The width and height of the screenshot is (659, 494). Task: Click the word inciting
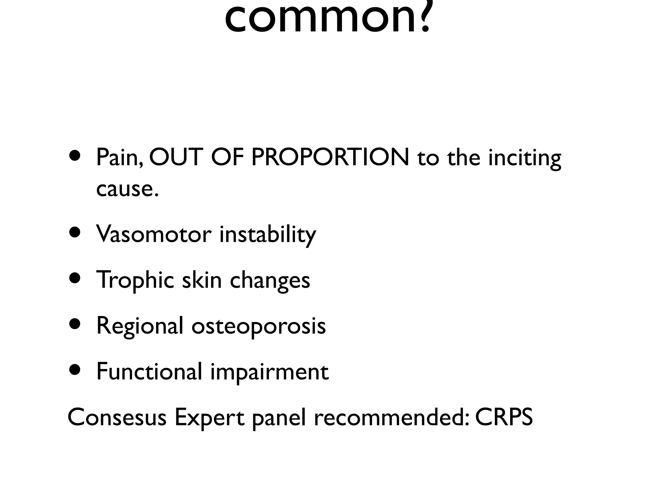click(x=524, y=158)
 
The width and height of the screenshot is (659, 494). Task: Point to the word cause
click(x=127, y=189)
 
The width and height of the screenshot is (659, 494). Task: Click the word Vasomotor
click(x=153, y=234)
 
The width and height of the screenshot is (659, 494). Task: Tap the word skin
click(x=202, y=280)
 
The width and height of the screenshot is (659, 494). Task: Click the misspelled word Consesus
click(x=117, y=417)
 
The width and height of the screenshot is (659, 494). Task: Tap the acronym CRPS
click(x=504, y=417)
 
